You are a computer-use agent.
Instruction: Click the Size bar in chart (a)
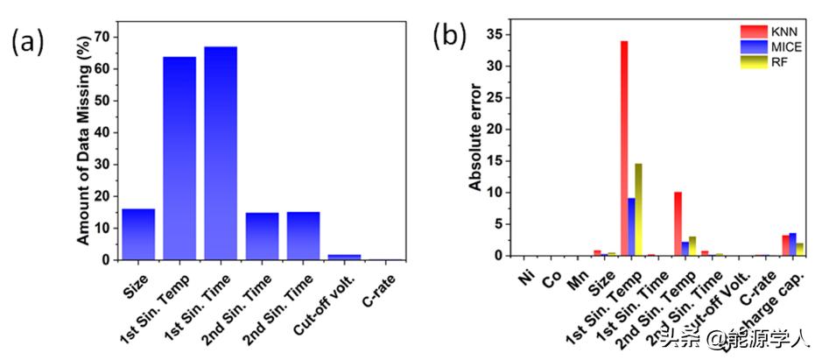click(x=138, y=234)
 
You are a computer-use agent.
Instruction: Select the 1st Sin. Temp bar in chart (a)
click(x=179, y=158)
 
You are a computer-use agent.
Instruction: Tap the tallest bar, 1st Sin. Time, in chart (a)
click(x=221, y=153)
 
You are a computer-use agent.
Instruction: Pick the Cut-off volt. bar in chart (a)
click(x=344, y=257)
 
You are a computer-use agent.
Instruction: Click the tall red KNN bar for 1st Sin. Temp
click(x=624, y=148)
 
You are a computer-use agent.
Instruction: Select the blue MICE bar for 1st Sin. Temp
click(x=632, y=227)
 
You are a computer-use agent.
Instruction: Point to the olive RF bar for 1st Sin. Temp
click(x=639, y=209)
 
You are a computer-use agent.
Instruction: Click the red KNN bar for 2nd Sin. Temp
click(x=678, y=223)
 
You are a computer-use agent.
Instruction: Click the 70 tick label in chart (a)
click(x=102, y=37)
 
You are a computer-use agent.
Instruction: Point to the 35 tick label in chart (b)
click(x=496, y=34)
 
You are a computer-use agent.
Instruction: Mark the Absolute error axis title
click(x=475, y=145)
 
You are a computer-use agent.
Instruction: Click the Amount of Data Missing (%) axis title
click(x=82, y=147)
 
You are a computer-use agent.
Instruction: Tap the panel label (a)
click(x=27, y=40)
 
